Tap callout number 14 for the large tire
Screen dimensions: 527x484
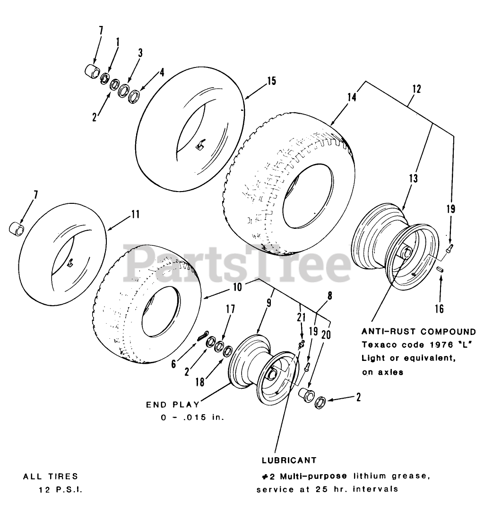coord(352,97)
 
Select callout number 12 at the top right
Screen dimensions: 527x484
coord(416,88)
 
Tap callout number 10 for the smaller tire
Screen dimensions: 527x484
coord(237,287)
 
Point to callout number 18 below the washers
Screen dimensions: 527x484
coord(200,381)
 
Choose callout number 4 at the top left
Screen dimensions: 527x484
coord(162,73)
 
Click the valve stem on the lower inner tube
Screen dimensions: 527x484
coord(71,262)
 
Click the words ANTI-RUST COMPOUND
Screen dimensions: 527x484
coord(418,332)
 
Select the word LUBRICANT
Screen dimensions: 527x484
coord(289,460)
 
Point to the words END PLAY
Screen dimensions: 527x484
coord(173,405)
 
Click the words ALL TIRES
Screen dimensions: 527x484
coord(51,477)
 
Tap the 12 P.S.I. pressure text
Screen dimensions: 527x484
coord(60,490)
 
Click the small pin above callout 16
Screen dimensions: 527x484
coord(440,269)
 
